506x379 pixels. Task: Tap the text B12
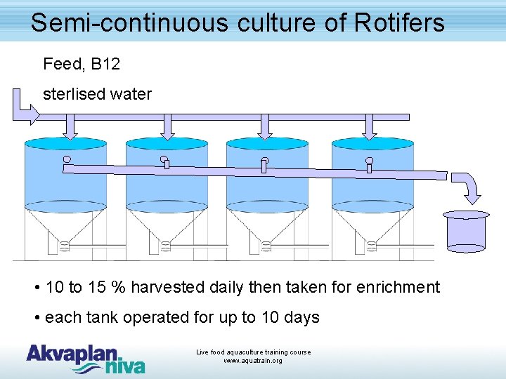(105, 65)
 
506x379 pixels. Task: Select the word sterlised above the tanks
(73, 94)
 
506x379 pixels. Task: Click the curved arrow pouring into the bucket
(467, 187)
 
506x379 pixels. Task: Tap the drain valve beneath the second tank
(166, 246)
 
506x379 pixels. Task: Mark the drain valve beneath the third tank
(266, 246)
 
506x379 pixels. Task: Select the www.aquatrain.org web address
(253, 361)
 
